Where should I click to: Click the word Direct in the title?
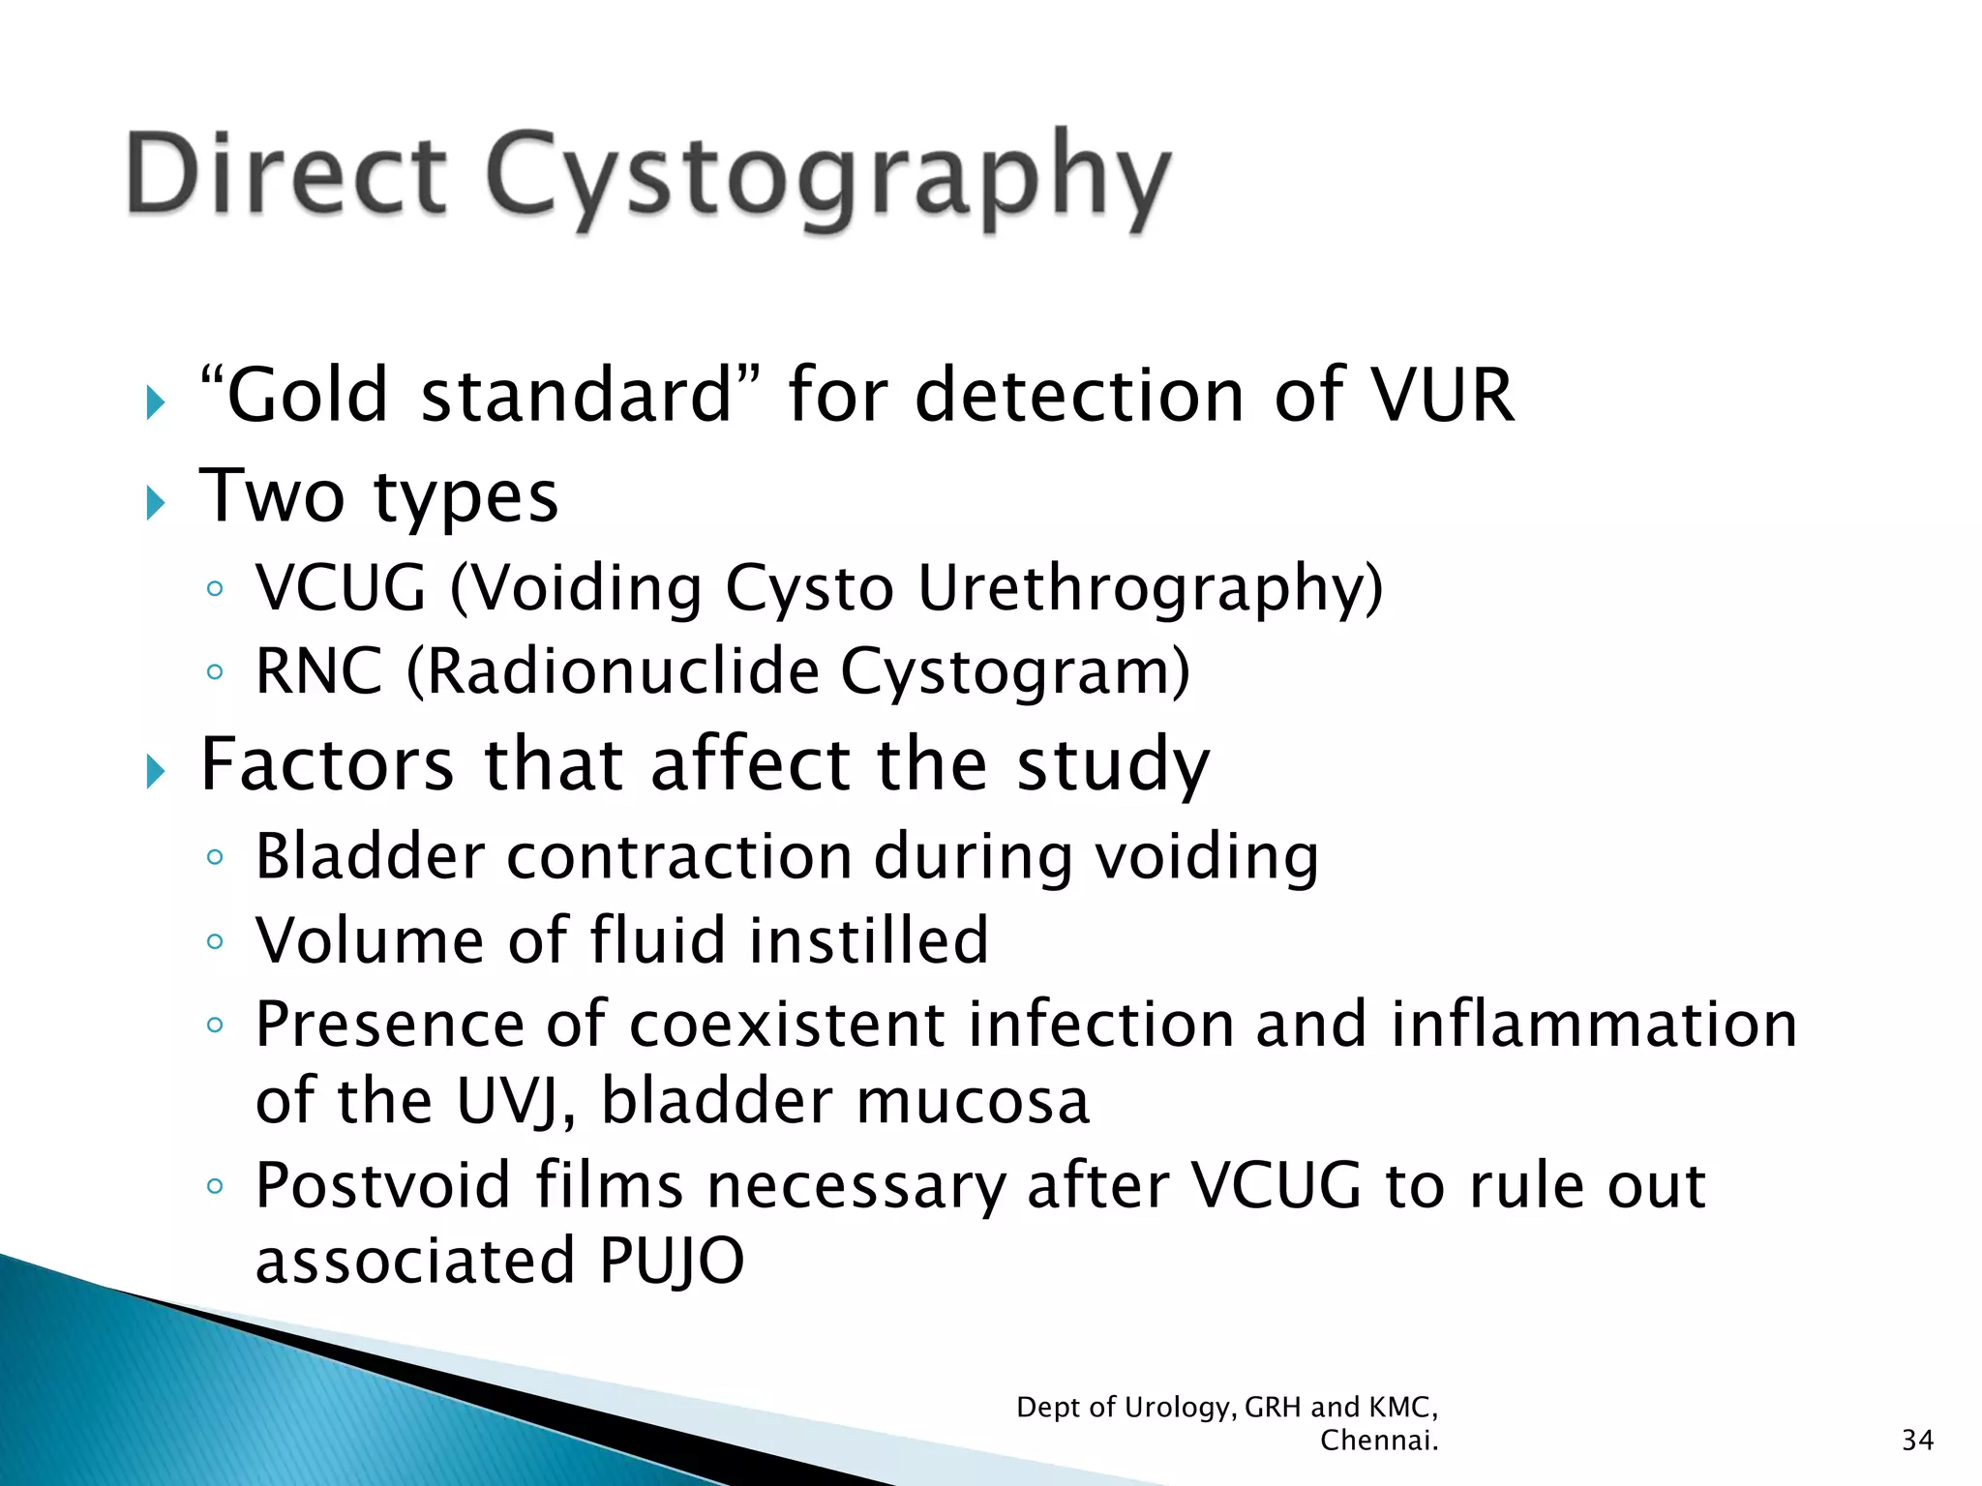pos(286,174)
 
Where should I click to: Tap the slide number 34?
pos(1917,1441)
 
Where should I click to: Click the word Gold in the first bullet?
pos(307,396)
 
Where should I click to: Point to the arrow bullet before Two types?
pos(156,502)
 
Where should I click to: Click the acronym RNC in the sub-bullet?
pos(318,671)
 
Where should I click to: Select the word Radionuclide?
pos(622,671)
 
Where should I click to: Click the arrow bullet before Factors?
pos(156,771)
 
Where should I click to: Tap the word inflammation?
pos(1593,1025)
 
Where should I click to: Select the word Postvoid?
pos(382,1186)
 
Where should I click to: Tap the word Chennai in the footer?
pos(1378,1441)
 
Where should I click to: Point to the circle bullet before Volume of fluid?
pos(215,941)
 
